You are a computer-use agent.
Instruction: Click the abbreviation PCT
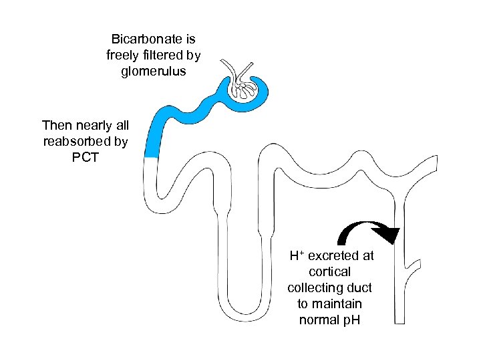(x=86, y=158)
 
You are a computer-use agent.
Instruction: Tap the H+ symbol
(x=297, y=255)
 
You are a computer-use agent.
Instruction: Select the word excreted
(x=333, y=256)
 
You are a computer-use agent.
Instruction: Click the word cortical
(x=330, y=272)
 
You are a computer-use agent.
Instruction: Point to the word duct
(x=360, y=288)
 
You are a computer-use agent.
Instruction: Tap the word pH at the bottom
(x=351, y=320)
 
